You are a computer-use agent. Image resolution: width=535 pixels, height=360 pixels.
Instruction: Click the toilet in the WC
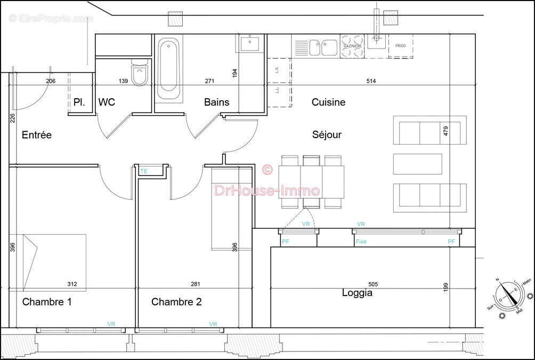[x=139, y=74]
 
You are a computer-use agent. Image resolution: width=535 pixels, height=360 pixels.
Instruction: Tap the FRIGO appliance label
[x=400, y=46]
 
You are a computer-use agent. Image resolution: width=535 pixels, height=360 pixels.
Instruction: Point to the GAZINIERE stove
[x=352, y=46]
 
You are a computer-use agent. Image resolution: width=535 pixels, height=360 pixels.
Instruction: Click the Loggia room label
[x=357, y=293]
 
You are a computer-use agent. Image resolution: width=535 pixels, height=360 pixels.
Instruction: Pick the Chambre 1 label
[x=47, y=302]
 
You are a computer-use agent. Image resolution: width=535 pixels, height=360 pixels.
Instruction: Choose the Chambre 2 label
[x=176, y=302]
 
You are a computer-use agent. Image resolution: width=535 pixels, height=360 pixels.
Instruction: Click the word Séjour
[x=327, y=135]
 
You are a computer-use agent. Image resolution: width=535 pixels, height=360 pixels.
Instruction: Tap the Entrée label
[x=37, y=135]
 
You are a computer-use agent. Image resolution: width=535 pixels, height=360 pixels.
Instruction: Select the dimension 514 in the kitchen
[x=371, y=81]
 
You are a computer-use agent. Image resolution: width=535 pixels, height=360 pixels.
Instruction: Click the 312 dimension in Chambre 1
[x=72, y=284]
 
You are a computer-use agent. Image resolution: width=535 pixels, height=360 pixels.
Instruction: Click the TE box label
[x=143, y=171]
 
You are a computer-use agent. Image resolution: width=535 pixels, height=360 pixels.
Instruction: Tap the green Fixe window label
[x=361, y=242]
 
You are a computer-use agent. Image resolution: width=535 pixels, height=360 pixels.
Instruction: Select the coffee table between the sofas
[x=417, y=164]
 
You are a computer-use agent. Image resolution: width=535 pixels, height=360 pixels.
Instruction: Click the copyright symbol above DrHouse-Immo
[x=267, y=170]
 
